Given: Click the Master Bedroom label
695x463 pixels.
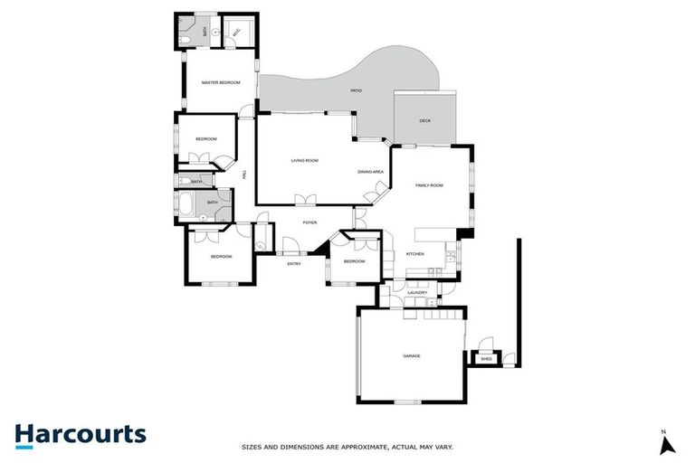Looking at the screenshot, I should point(221,83).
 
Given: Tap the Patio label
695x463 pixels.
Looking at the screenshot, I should point(357,91).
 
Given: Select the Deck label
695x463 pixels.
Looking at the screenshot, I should point(424,121).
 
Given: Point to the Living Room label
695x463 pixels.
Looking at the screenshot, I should point(305,161).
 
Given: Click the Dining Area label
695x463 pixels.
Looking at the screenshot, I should point(371,172).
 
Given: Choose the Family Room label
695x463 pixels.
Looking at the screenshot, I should point(429,185).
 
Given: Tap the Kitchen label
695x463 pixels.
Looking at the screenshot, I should point(415,254).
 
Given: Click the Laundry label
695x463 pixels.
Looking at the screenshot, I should point(417,293).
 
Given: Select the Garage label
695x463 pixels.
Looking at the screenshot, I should point(412,355).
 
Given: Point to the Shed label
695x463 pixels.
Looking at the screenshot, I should point(486,359).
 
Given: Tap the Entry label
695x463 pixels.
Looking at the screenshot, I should point(294,263).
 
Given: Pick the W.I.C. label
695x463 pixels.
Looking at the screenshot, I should point(236,33).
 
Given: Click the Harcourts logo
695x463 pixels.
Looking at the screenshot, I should point(80,434).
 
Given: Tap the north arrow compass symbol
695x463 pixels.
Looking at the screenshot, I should point(667,443).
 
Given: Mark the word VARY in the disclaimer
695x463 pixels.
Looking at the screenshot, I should point(443,447).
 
